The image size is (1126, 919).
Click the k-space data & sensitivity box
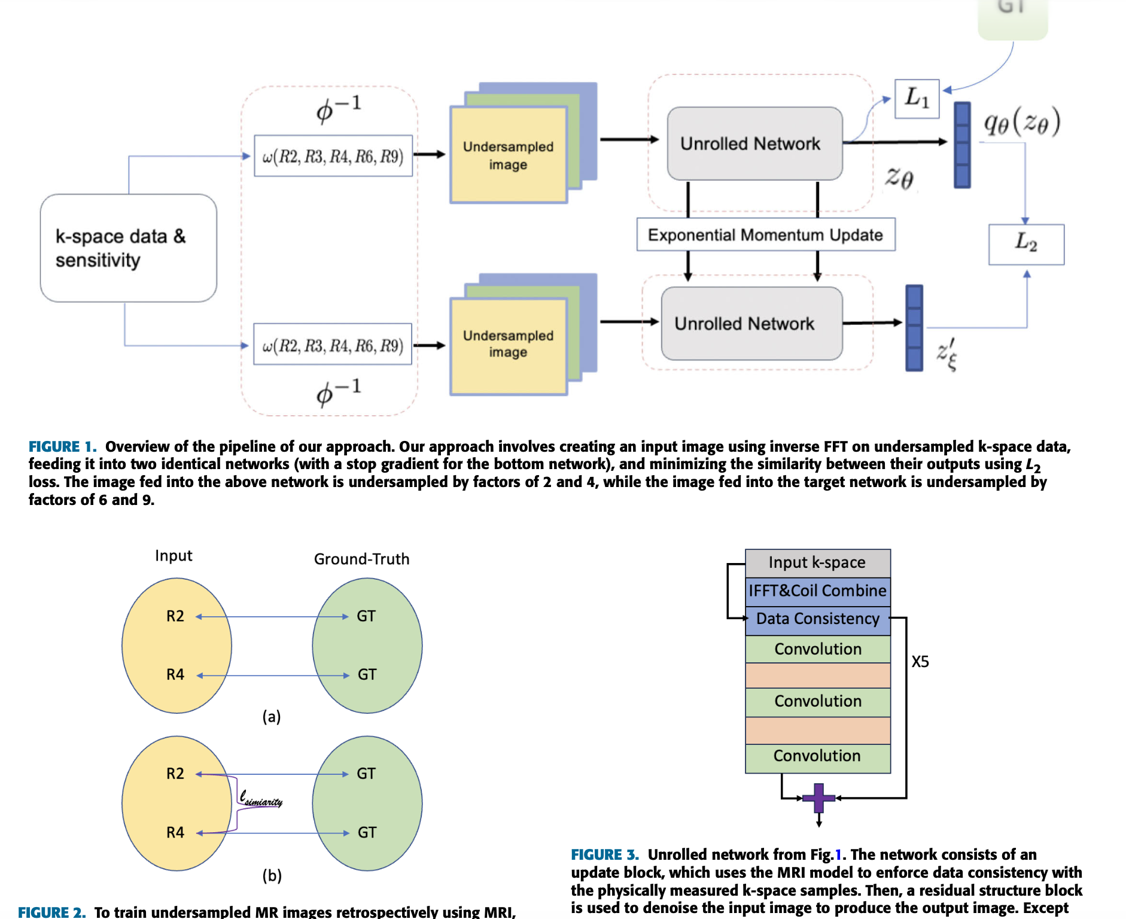point(128,248)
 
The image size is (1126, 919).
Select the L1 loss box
point(917,99)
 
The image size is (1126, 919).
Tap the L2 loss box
point(1026,244)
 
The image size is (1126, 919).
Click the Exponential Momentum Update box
point(765,235)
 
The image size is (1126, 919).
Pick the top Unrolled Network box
point(754,144)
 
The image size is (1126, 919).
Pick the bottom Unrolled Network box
point(751,324)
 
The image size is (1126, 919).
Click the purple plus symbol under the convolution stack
point(818,798)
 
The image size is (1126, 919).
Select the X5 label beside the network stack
point(920,662)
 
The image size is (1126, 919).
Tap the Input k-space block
point(817,562)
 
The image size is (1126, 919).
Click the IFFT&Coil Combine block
point(817,591)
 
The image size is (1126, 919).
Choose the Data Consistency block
point(817,619)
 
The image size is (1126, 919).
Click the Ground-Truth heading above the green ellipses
point(361,559)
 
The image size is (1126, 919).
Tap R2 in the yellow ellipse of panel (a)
point(175,616)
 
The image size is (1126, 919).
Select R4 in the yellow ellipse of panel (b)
point(175,832)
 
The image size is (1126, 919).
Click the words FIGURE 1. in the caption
point(62,447)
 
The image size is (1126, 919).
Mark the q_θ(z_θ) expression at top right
point(1022,122)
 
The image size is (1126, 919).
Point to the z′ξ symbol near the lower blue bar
point(947,354)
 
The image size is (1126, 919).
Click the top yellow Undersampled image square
point(508,156)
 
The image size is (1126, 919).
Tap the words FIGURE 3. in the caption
point(604,854)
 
